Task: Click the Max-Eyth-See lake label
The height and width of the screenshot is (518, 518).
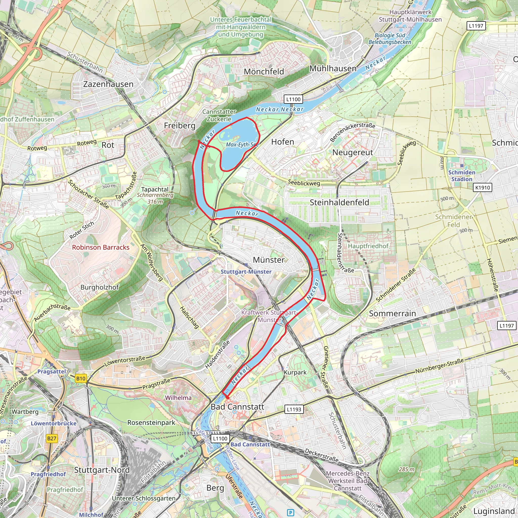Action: tap(242, 144)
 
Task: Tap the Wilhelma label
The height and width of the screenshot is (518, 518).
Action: tap(178, 398)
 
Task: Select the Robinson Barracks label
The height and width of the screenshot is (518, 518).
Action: tap(101, 247)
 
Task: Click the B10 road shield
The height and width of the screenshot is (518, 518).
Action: tap(81, 379)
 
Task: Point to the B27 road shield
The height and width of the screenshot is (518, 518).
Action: tap(52, 438)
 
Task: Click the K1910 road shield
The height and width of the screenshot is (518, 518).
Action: tap(483, 187)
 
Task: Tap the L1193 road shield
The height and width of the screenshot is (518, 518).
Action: tap(294, 409)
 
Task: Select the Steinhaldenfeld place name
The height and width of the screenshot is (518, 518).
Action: tap(339, 202)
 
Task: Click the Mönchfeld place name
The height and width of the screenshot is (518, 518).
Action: tap(264, 72)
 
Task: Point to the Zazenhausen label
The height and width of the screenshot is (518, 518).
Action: tap(108, 84)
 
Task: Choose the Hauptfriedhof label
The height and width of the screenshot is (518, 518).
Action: tap(368, 246)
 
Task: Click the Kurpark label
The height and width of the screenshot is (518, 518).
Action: tap(295, 372)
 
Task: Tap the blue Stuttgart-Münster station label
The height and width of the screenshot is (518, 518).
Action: tap(246, 272)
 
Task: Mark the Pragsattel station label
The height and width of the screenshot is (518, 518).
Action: tap(52, 371)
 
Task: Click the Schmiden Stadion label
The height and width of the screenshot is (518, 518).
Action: tap(462, 176)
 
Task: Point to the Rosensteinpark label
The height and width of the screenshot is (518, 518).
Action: tap(151, 423)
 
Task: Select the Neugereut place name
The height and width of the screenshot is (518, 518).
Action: tap(353, 152)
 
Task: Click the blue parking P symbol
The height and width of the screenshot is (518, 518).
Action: tap(290, 513)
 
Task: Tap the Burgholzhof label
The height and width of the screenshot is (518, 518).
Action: tap(99, 287)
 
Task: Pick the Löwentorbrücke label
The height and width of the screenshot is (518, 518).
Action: tap(54, 423)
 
